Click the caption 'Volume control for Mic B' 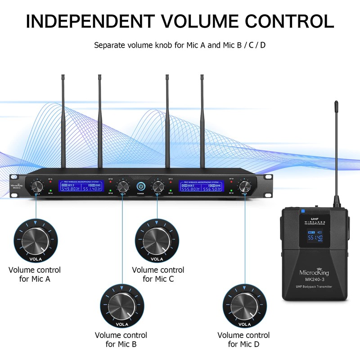click(121, 340)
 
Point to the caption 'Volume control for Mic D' click(243, 340)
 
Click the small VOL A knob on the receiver click(36, 186)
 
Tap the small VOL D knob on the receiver click(245, 186)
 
